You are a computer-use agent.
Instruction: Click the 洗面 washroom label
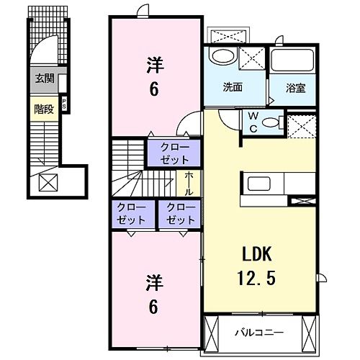coord(232,88)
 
